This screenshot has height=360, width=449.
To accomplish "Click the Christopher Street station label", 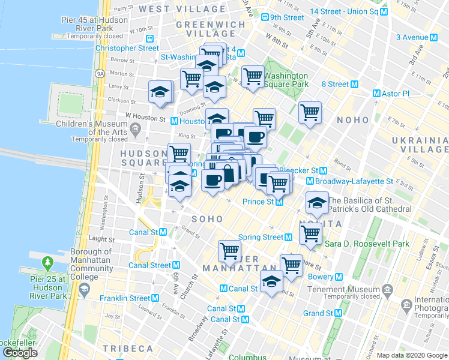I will click(x=123, y=48).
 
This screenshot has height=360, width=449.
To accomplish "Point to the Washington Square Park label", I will click(x=286, y=80).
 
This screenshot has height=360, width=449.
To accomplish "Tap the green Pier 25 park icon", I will click(x=47, y=263).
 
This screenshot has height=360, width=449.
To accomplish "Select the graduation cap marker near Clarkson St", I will click(x=160, y=93).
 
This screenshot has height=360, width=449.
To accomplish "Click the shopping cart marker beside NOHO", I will click(x=310, y=112).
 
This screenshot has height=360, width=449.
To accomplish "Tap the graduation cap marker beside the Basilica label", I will click(x=316, y=203).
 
